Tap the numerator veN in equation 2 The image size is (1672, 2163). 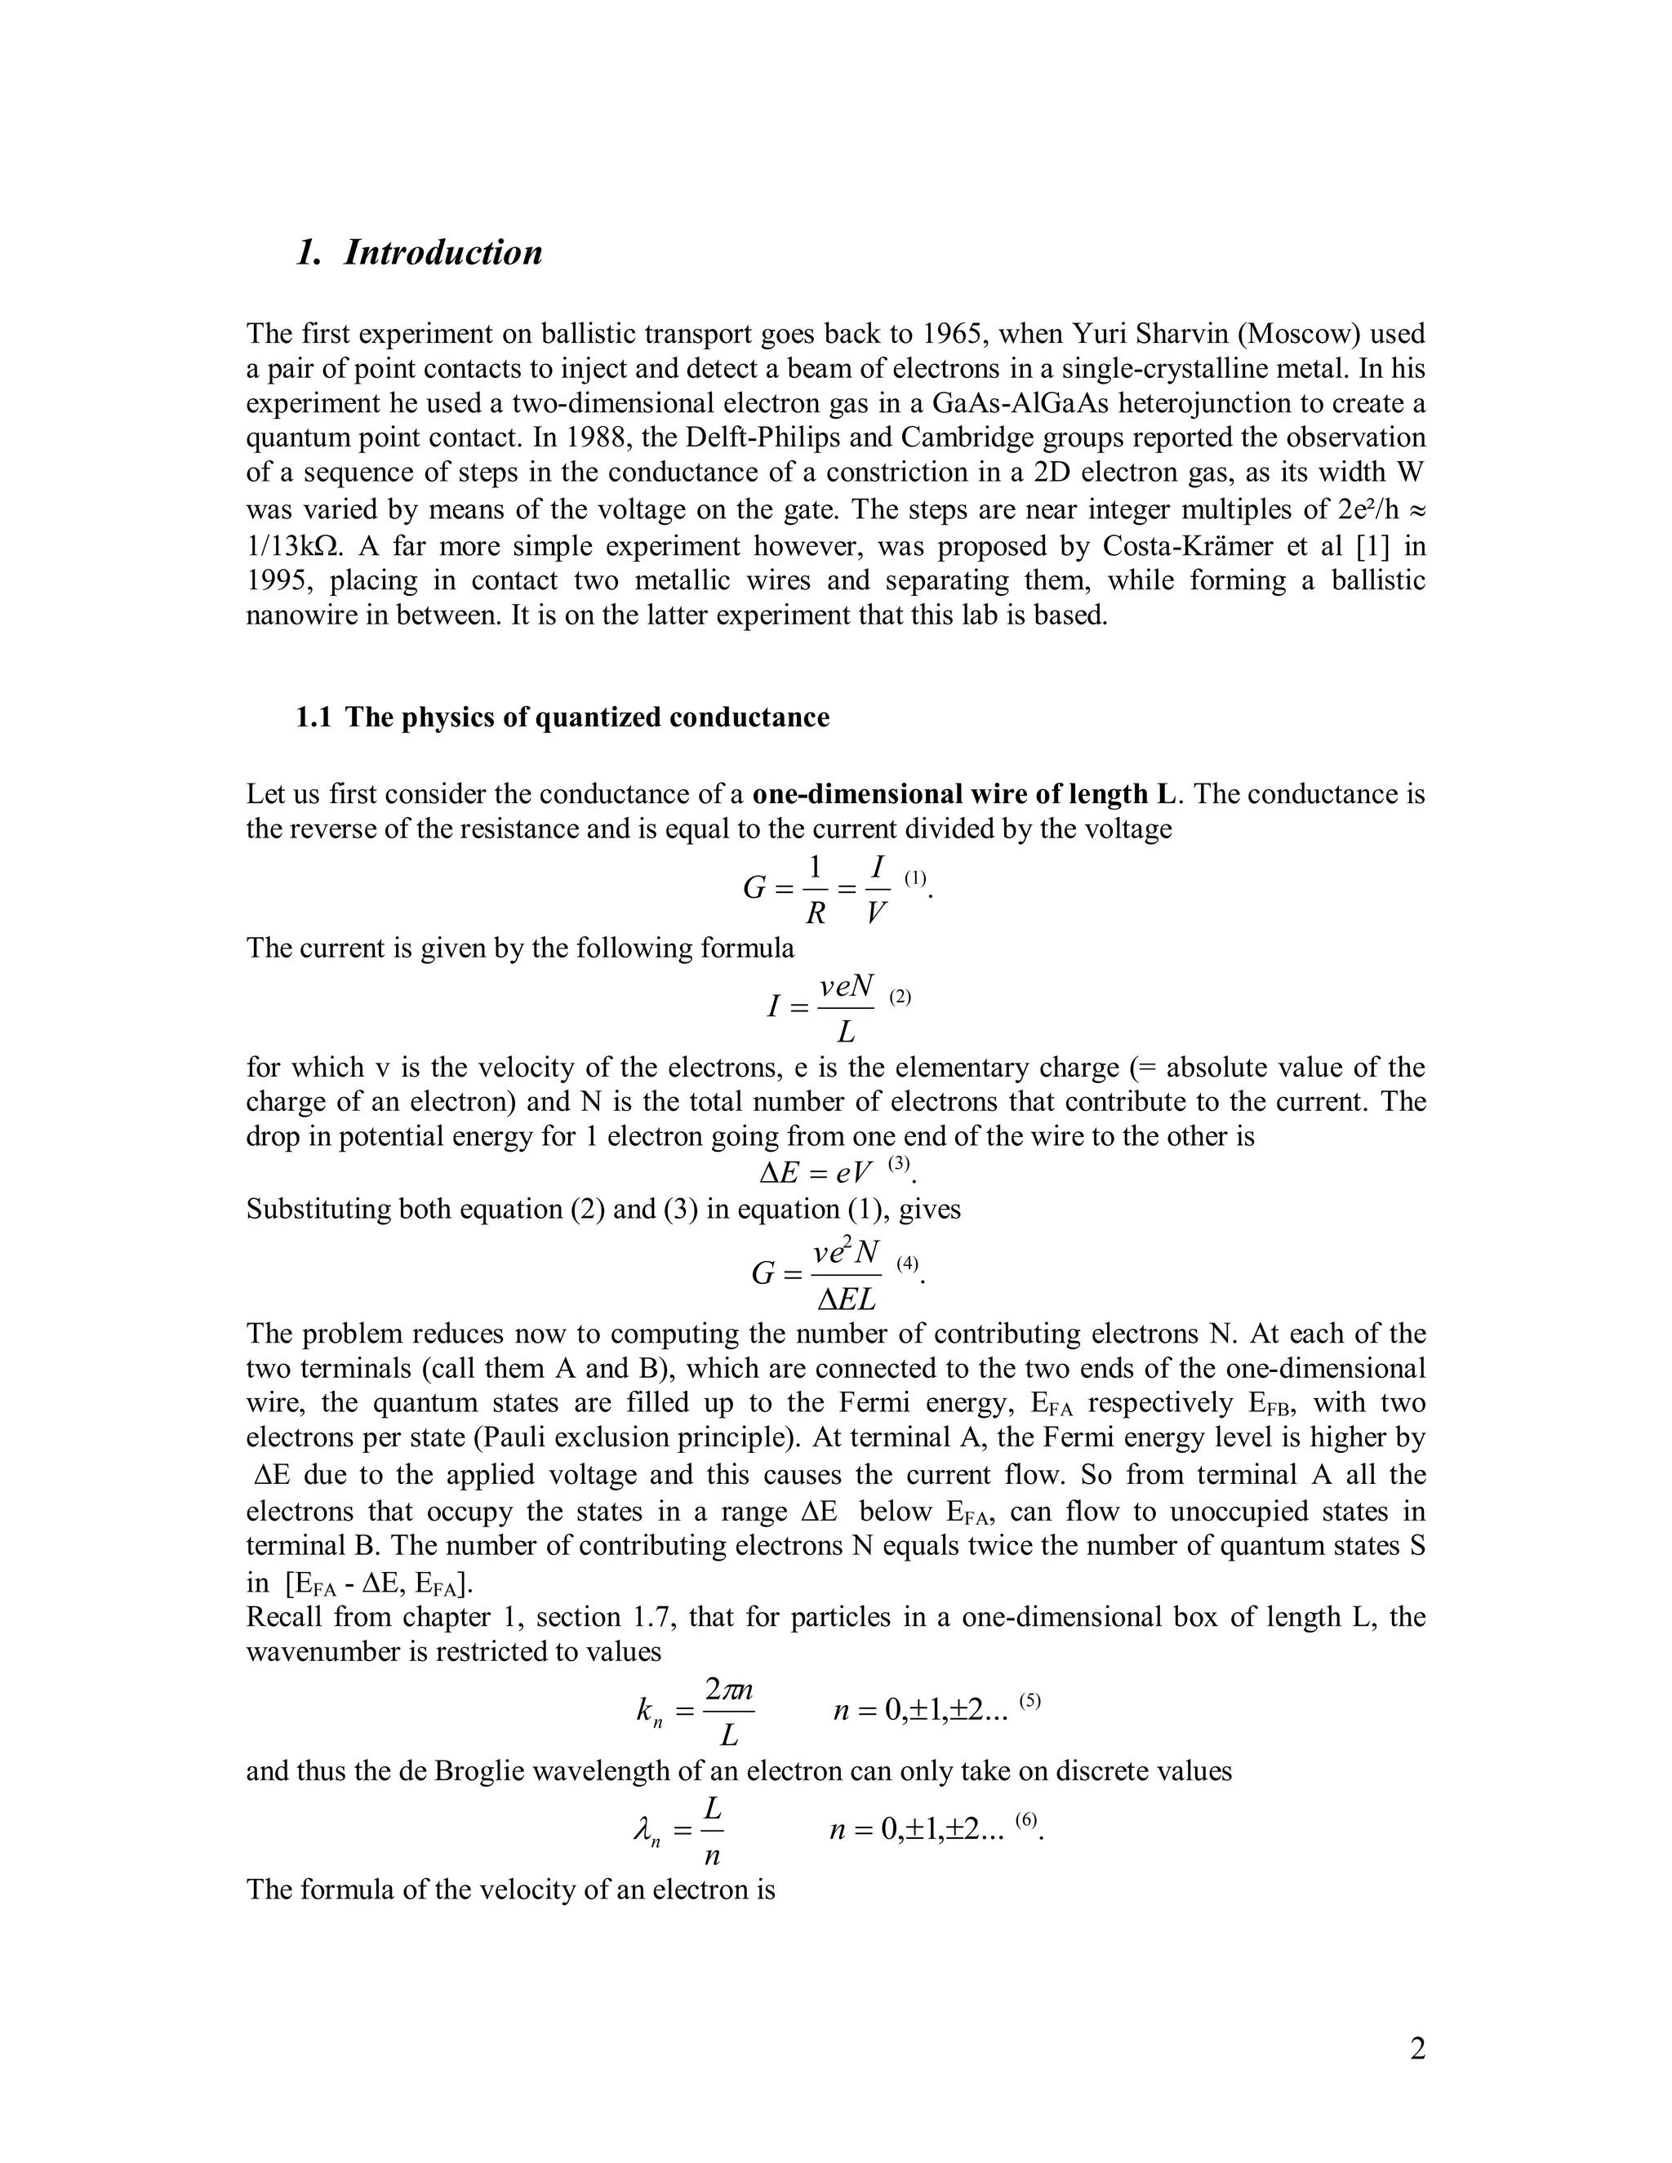(x=846, y=985)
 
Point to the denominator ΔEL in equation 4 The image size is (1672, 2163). (x=846, y=1299)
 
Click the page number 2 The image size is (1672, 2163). (x=1417, y=2049)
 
